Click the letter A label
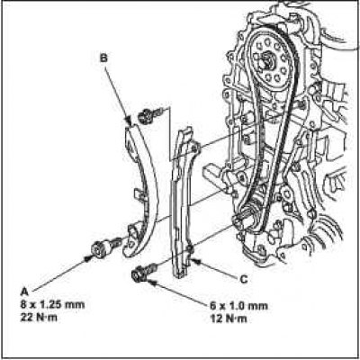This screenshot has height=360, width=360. coord(24,291)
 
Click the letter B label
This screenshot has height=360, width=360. coord(103,58)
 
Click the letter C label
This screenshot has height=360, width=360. coord(244,279)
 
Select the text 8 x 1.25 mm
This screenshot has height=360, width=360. coord(52,305)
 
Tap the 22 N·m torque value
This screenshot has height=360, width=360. coord(39,318)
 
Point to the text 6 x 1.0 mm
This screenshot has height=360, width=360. coord(238,306)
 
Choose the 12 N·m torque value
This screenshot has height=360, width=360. coord(229,319)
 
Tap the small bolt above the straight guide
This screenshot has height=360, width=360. coord(151,114)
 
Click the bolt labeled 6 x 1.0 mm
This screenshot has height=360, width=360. coord(144,271)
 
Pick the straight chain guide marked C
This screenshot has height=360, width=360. coord(183,202)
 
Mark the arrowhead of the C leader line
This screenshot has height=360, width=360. coord(195,260)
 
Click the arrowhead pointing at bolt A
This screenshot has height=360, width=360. coord(88,258)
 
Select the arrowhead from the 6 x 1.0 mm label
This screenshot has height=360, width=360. coord(150,282)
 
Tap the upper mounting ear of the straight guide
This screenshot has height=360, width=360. coord(195,148)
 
